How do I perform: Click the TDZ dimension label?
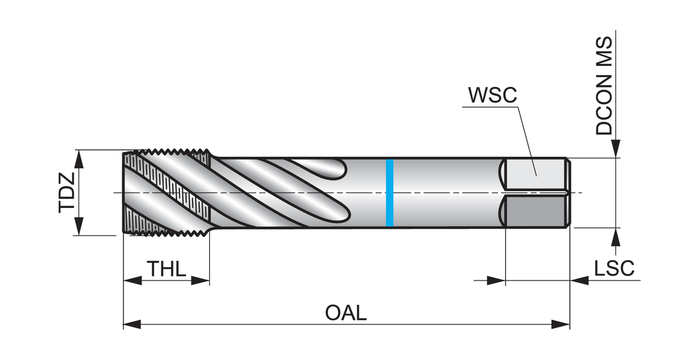coord(66,192)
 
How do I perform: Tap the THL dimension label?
coord(166,269)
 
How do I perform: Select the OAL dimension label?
coord(346,313)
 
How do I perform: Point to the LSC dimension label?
coord(614,269)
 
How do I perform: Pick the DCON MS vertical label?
coord(605,86)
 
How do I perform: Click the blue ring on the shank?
coord(390,192)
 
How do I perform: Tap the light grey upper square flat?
coord(535,173)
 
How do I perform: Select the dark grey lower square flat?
coord(535,211)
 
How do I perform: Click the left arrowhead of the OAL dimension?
coord(132,324)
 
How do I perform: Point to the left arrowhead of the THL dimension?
coord(132,281)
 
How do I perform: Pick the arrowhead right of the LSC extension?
coord(579,281)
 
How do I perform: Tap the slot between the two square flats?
coord(536,192)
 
